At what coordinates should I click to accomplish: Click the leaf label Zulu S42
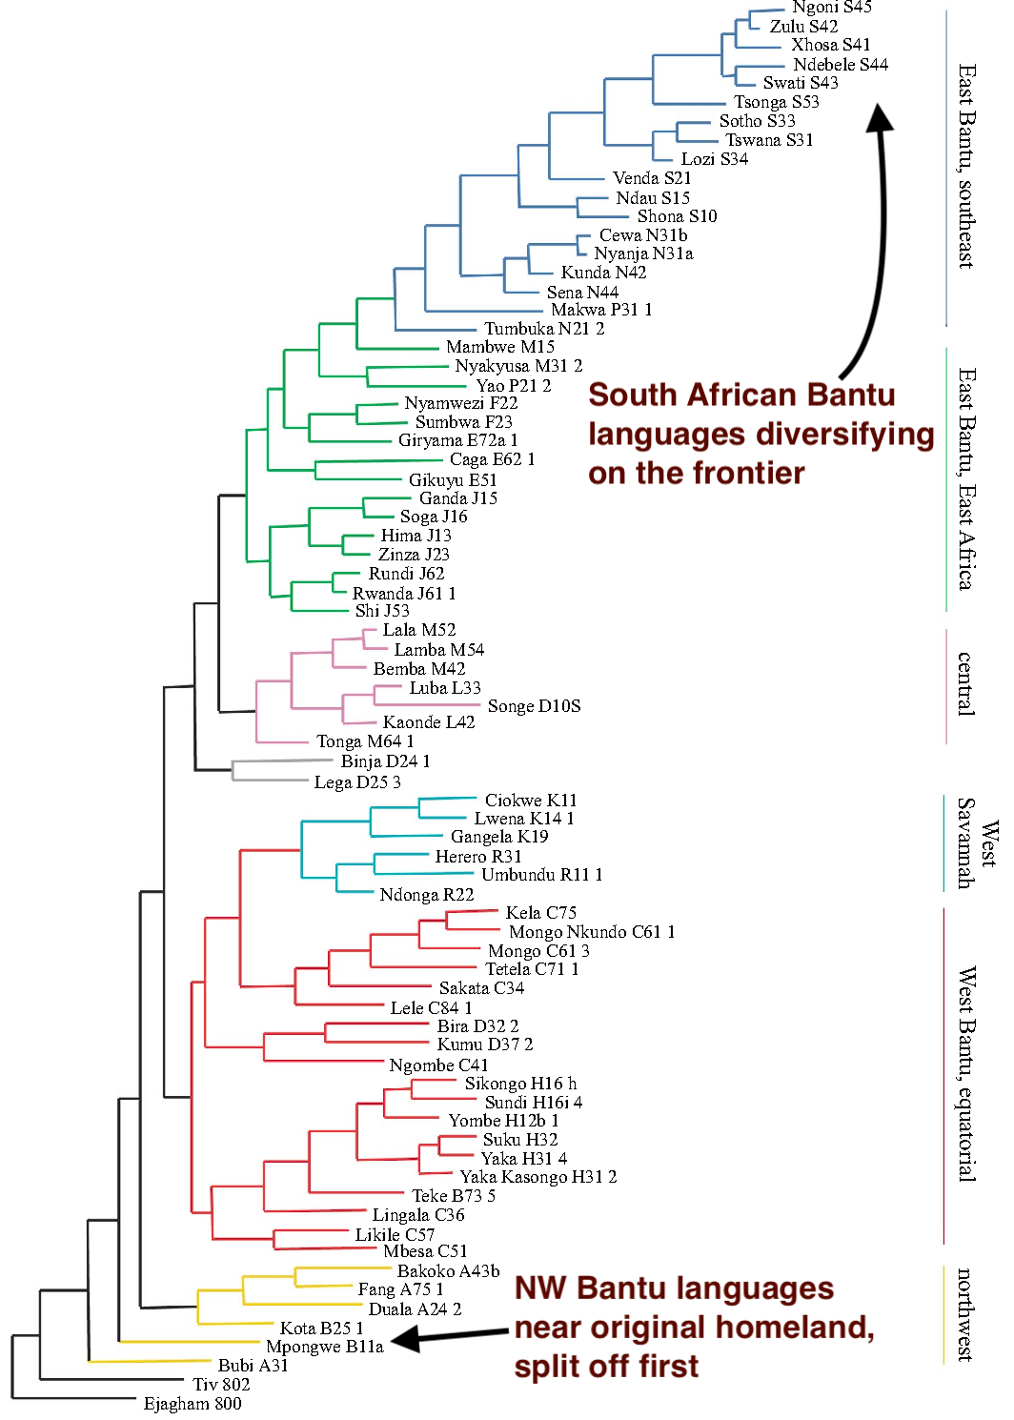[x=803, y=27]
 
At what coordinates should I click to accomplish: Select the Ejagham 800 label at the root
[x=193, y=1404]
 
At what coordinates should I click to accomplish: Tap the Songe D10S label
[x=534, y=706]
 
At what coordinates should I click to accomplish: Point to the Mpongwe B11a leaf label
[x=324, y=1347]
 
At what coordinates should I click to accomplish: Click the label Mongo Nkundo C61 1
[x=592, y=932]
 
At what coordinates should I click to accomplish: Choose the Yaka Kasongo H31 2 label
[x=538, y=1177]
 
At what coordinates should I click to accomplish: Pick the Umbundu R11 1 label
[x=541, y=875]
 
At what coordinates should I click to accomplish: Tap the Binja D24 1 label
[x=385, y=761]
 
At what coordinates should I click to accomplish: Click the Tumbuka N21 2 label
[x=544, y=329]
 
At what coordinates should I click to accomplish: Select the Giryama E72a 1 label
[x=457, y=440]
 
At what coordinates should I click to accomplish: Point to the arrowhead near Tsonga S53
[x=879, y=117]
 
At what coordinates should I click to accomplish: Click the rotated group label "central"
[x=965, y=683]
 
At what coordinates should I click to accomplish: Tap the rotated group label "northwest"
[x=965, y=1314]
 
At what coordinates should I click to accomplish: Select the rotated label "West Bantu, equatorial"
[x=965, y=1074]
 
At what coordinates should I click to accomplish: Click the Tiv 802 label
[x=221, y=1385]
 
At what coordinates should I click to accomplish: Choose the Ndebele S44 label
[x=840, y=65]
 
